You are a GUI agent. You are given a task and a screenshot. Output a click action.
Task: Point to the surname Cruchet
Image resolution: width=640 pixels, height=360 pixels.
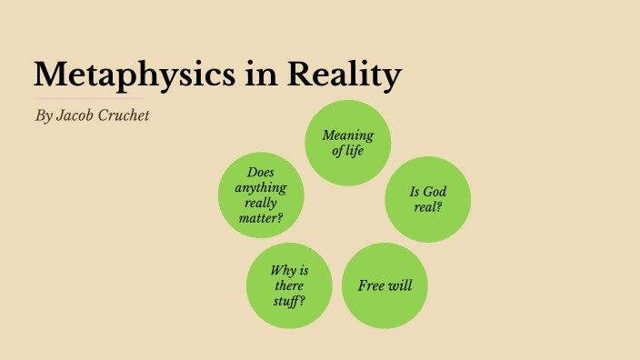(125, 117)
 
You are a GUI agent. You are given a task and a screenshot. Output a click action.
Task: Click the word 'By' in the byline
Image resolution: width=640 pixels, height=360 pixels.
(44, 117)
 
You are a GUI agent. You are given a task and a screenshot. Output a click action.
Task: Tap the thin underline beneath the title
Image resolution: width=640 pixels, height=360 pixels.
(89, 97)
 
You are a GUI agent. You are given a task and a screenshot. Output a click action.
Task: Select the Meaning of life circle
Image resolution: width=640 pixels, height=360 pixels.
(347, 143)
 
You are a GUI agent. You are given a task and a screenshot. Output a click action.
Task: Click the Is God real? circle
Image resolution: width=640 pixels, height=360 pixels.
(427, 199)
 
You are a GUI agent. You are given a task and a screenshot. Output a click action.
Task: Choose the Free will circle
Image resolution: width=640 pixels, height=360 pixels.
(385, 285)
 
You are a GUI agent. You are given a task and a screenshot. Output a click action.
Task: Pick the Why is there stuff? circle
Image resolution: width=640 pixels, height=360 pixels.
(289, 285)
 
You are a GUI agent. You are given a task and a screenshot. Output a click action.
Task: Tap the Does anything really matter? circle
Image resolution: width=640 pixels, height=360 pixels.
(261, 195)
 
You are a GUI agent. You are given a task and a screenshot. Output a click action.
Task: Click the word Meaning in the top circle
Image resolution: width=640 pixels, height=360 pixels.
(347, 135)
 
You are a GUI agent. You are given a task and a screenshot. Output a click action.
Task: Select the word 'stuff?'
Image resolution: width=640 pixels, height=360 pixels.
(288, 301)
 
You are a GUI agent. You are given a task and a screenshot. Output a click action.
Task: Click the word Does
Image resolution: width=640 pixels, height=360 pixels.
(261, 172)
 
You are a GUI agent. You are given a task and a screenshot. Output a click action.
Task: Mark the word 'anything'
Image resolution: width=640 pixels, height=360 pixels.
(261, 187)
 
